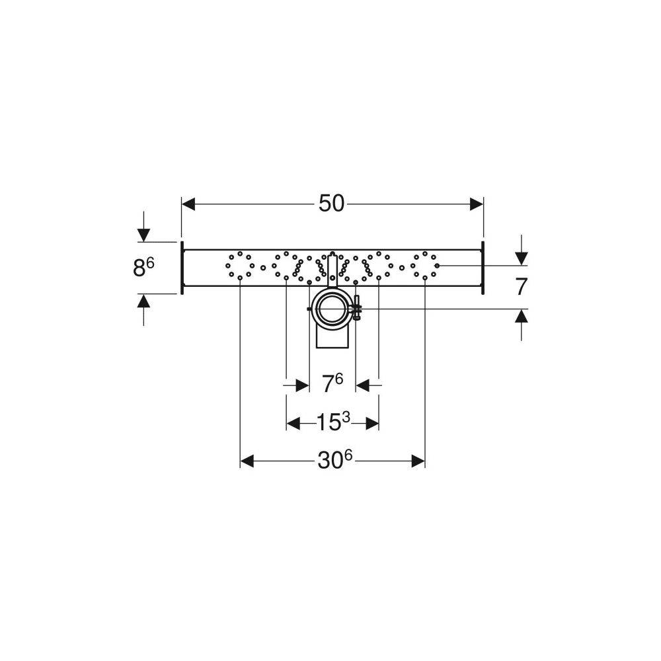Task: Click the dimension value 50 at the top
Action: (x=331, y=204)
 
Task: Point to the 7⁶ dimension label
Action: (x=332, y=383)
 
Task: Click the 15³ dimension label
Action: (x=333, y=422)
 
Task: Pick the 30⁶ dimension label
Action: (x=335, y=461)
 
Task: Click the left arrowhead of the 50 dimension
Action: (x=188, y=204)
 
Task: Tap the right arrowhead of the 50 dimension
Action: (x=477, y=204)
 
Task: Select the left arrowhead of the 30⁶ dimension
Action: (x=247, y=461)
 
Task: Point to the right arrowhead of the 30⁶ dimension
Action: (x=418, y=461)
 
